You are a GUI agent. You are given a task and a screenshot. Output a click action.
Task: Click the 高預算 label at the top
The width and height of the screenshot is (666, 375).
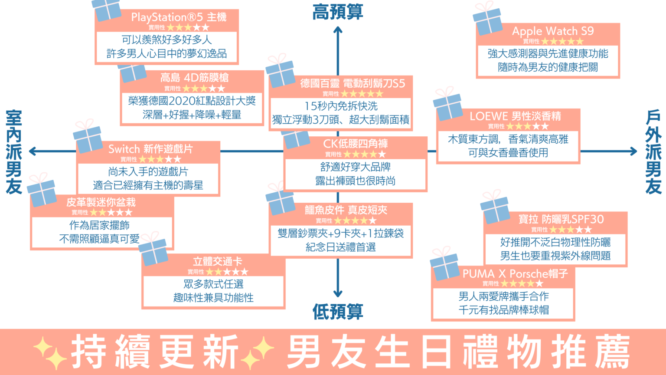(x=337, y=12)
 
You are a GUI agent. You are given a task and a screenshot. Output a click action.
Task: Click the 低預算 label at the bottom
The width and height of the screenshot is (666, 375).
(x=337, y=312)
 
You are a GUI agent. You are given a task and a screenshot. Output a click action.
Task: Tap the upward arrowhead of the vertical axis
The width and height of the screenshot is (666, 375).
(x=338, y=30)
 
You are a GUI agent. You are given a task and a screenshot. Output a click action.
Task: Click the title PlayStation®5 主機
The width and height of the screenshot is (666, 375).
(x=179, y=17)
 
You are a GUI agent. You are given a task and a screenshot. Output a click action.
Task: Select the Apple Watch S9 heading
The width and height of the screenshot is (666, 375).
(x=553, y=31)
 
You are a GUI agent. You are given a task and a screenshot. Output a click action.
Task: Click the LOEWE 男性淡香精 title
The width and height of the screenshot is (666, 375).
(x=515, y=116)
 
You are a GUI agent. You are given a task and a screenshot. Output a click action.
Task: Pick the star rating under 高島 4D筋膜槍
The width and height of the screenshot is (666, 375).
(x=204, y=89)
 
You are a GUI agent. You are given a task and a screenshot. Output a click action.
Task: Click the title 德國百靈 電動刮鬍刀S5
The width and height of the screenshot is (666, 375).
(x=353, y=84)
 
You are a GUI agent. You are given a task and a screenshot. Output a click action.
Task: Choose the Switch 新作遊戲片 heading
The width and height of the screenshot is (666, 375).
(x=151, y=149)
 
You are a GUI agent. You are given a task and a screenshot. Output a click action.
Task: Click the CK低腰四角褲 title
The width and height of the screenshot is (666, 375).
(x=355, y=144)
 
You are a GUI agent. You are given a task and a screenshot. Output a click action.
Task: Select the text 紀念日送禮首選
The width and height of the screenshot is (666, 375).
(x=341, y=247)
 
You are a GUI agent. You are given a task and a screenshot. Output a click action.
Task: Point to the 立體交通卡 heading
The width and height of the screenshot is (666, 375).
(x=217, y=261)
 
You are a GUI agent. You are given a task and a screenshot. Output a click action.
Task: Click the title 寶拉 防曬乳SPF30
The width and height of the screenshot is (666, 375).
(x=561, y=219)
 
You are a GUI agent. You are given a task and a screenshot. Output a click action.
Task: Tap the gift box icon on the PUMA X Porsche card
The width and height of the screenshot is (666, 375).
(x=444, y=264)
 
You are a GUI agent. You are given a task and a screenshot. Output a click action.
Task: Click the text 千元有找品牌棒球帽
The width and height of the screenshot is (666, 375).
(x=503, y=310)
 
